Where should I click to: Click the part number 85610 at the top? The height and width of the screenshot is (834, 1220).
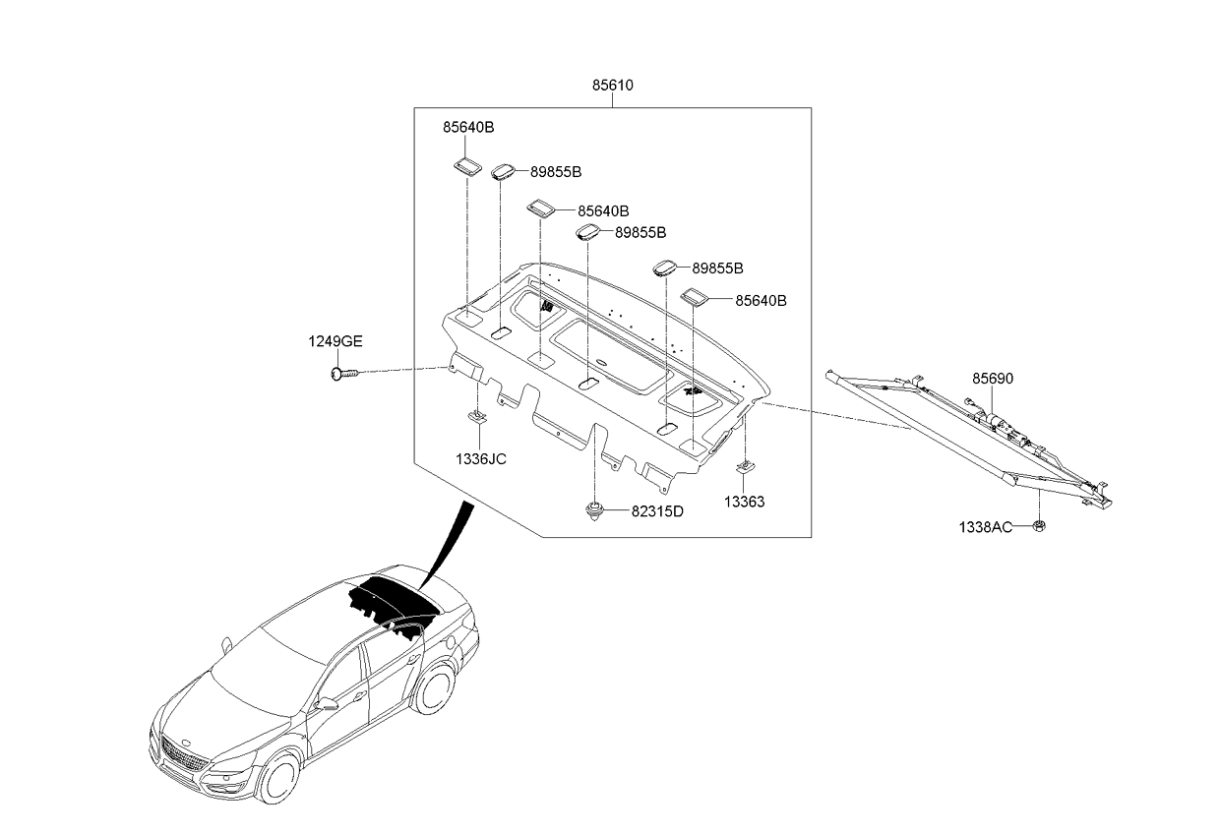point(612,86)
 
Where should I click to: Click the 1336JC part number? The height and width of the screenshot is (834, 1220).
point(480,458)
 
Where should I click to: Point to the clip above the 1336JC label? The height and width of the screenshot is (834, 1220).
point(477,418)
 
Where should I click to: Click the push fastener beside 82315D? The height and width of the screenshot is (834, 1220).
point(594,511)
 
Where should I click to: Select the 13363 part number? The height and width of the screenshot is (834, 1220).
point(744,502)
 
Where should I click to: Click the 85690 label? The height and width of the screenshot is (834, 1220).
point(993,379)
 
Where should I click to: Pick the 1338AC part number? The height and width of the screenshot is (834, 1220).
point(986,527)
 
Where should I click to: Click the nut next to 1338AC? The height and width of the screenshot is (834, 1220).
point(1041,527)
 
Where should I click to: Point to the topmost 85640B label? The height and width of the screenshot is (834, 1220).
point(467,127)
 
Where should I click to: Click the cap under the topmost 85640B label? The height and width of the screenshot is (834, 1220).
point(466,164)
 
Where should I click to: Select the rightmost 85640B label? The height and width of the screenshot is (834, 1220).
point(761,301)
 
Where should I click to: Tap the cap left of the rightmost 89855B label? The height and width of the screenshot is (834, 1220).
point(666,268)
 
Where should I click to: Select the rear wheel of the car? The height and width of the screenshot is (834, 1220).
point(432,689)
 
